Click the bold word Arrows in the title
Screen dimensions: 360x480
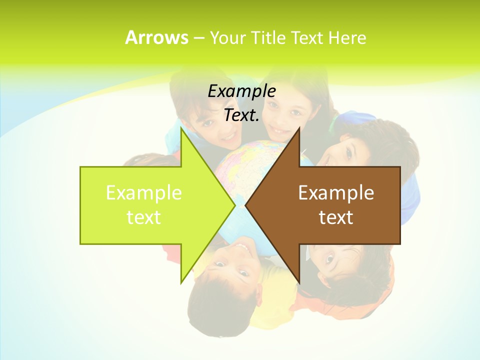pos(156,37)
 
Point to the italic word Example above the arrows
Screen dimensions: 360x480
pos(242,91)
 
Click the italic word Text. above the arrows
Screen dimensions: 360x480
pos(242,115)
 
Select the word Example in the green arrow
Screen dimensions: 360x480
pos(144,192)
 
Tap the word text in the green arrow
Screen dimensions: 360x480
pos(144,217)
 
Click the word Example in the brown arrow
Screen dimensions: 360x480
pos(336,192)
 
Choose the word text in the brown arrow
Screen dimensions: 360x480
pos(336,217)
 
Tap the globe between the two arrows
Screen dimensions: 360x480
pos(240,165)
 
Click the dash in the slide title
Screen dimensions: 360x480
pos(198,38)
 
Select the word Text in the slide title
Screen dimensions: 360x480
pos(307,37)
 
